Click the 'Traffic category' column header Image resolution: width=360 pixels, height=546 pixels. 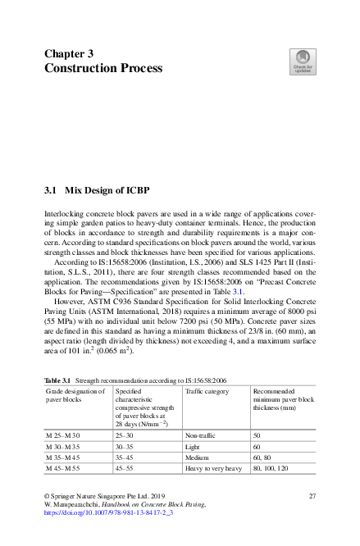tap(207, 392)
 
